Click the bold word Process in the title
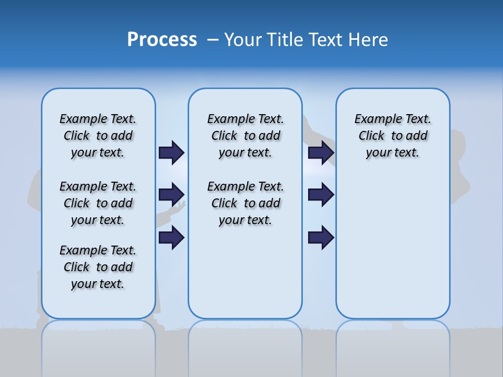(162, 40)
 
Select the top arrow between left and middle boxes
(171, 152)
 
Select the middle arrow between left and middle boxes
(171, 195)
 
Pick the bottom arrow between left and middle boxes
(171, 238)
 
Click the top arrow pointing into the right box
(321, 152)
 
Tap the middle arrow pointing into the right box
(321, 195)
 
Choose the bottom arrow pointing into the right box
(321, 238)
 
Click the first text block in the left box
(98, 136)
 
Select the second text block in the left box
(98, 203)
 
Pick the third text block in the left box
(98, 267)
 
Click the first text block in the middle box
(245, 136)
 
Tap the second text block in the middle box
(245, 203)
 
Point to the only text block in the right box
(393, 136)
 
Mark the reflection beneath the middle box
(245, 346)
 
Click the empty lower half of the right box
(393, 251)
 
